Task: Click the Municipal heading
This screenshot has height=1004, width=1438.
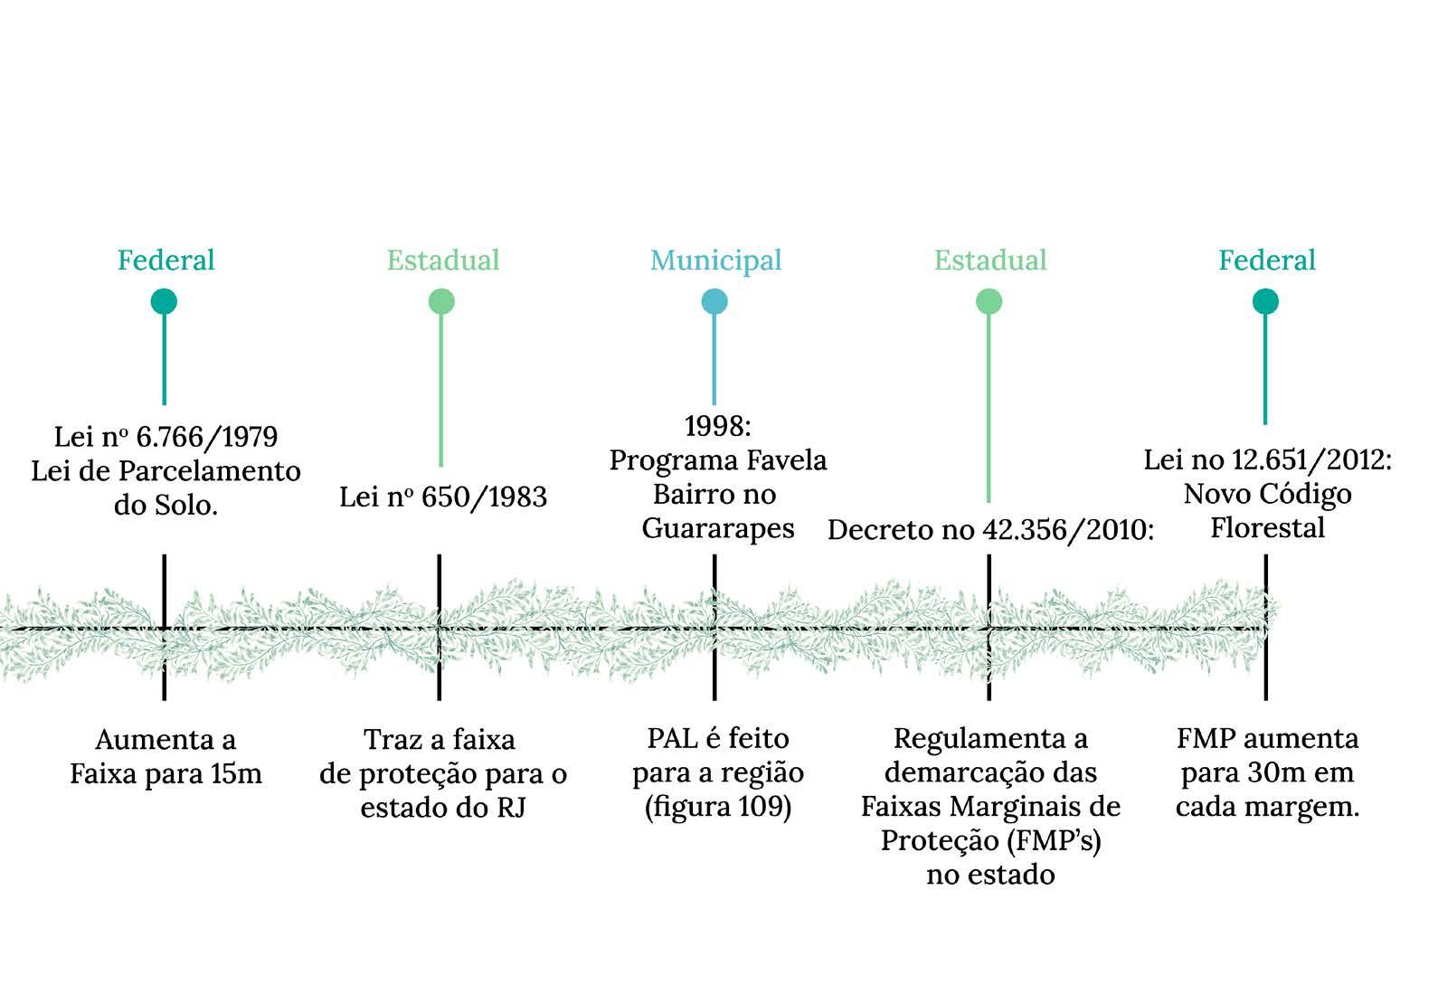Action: [x=715, y=260]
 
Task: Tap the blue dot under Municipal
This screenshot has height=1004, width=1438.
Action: [x=714, y=302]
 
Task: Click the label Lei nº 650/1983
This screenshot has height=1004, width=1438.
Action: [x=443, y=497]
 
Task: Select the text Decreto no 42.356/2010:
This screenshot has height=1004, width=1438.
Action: [x=990, y=530]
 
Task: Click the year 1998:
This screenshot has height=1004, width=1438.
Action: [x=717, y=425]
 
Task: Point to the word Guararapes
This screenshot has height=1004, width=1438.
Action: [x=718, y=528]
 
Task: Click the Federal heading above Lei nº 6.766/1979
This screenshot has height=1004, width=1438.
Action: [x=166, y=260]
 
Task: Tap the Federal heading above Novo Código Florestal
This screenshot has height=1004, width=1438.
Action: [x=1266, y=260]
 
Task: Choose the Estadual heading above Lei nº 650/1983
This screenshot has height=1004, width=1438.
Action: [x=442, y=260]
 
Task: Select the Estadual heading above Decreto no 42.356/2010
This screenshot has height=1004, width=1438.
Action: [x=989, y=260]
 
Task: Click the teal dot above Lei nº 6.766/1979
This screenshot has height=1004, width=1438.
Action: [x=164, y=301]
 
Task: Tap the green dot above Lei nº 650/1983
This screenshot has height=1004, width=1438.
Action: [x=441, y=301]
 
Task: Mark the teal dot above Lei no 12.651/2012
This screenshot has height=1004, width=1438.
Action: [x=1265, y=301]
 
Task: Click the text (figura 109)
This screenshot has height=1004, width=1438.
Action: [x=717, y=807]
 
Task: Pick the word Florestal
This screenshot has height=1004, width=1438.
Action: [x=1267, y=528]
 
